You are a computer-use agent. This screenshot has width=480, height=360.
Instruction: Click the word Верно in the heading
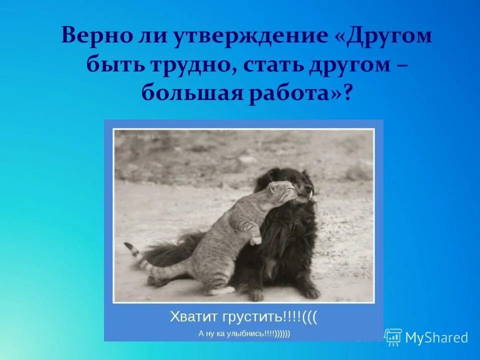pos(93,37)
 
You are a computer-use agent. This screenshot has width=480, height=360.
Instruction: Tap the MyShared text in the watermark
pos(436,337)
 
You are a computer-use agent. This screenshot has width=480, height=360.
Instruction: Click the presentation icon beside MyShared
pos(393,337)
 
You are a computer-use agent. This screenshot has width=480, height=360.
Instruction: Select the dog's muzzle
pos(306,192)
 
